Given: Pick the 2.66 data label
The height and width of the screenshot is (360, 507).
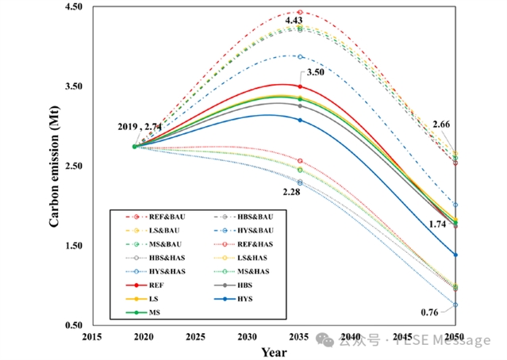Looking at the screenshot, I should coord(443,124).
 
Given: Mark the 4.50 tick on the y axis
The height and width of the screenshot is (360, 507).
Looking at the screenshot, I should coord(72,7).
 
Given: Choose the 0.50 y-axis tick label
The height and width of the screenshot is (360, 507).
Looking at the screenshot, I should coord(72,325).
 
